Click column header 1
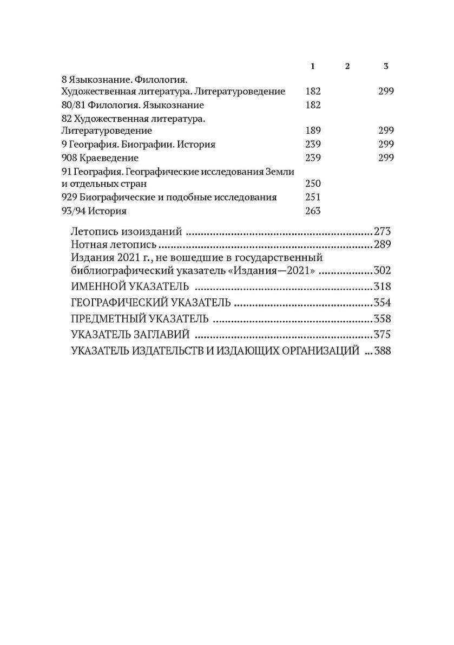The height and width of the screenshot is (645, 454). tap(313, 66)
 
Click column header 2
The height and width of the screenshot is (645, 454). tap(347, 66)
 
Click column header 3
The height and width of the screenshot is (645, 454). tap(386, 66)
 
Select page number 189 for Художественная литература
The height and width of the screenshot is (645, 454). tap(313, 131)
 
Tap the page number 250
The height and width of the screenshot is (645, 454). tap(313, 184)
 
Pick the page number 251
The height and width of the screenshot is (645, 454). tap(313, 197)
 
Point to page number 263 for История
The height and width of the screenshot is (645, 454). tap(313, 211)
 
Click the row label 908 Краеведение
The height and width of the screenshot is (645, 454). tap(92, 158)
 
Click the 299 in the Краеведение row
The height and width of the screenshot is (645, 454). tap(386, 158)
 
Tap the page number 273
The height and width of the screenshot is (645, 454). tap(381, 232)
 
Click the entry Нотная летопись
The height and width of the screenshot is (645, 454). tap(114, 245)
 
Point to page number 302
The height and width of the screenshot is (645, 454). tap(381, 271)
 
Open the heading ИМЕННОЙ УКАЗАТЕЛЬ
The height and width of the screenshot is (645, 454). tap(130, 286)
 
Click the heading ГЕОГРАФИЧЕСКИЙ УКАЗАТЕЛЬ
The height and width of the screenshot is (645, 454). tap(151, 303)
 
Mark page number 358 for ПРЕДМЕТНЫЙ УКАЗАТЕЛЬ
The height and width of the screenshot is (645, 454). tap(381, 318)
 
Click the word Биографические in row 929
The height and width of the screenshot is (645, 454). tap(114, 197)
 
